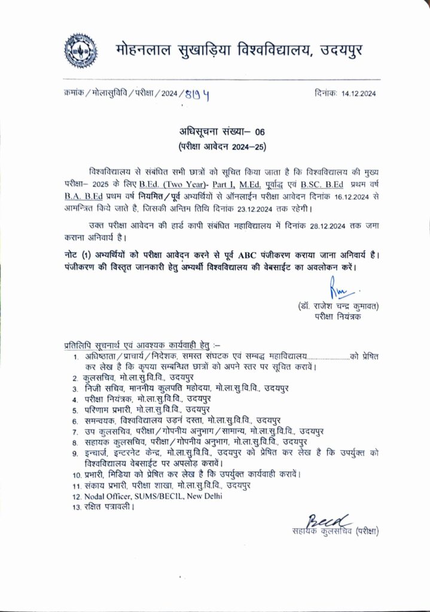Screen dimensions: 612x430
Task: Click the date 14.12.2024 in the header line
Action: coord(358,94)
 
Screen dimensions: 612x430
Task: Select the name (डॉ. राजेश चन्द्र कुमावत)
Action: coord(340,307)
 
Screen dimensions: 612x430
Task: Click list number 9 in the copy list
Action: coord(75,454)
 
